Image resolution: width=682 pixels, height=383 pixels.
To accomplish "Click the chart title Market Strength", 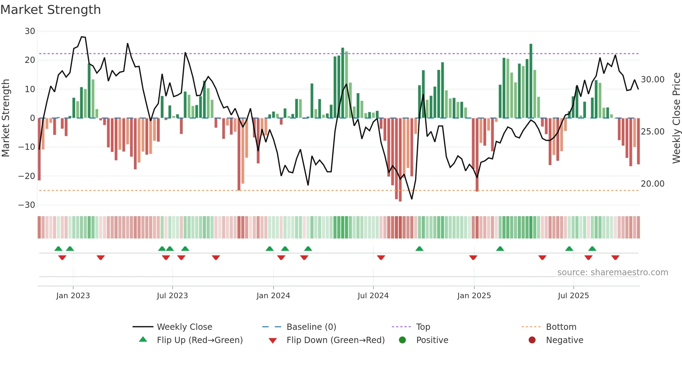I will pyautogui.click(x=50, y=10).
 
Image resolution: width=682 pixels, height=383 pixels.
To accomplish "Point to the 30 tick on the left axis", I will pyautogui.click(x=30, y=31).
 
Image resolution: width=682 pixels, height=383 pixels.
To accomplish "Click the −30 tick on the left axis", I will pyautogui.click(x=27, y=205).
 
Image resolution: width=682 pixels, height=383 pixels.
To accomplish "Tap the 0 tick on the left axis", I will pyautogui.click(x=32, y=118).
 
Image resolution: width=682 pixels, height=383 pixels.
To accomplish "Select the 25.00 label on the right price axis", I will pyautogui.click(x=652, y=132).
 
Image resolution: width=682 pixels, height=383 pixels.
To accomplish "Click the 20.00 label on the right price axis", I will pyautogui.click(x=652, y=184).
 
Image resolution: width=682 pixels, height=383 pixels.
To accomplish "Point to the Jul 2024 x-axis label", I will pyautogui.click(x=373, y=296).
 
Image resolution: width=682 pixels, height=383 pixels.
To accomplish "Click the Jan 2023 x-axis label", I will pyautogui.click(x=73, y=296).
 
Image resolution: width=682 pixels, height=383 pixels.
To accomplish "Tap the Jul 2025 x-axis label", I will pyautogui.click(x=573, y=296).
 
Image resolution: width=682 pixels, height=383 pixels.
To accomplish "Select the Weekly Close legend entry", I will pyautogui.click(x=184, y=327).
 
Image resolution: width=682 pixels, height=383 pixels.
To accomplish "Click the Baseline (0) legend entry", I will pyautogui.click(x=311, y=327).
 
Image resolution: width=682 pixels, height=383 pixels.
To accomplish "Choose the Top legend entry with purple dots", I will pyautogui.click(x=423, y=327).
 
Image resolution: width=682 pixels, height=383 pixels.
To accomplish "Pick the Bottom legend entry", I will pyautogui.click(x=561, y=327).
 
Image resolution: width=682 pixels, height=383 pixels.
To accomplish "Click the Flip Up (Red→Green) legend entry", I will pyautogui.click(x=199, y=340).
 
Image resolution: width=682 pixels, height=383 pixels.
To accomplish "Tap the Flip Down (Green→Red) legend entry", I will pyautogui.click(x=335, y=340).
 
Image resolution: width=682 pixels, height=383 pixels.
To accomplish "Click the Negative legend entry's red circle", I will pyautogui.click(x=532, y=340).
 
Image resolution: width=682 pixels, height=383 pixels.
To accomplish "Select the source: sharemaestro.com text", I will pyautogui.click(x=612, y=272).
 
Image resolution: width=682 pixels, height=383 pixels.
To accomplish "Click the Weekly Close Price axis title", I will pyautogui.click(x=676, y=118).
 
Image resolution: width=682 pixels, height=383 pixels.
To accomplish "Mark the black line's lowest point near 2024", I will pyautogui.click(x=412, y=199).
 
